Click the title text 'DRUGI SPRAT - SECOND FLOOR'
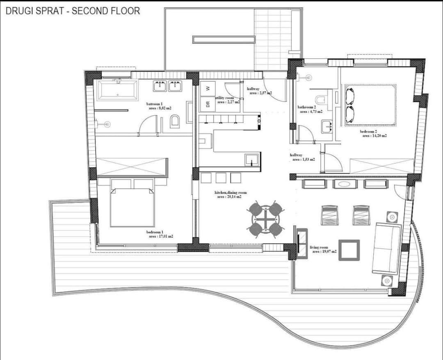coord(73,11)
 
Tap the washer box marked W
coord(208,88)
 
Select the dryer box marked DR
coord(208,104)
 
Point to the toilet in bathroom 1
coord(175,121)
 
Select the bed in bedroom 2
coord(370,104)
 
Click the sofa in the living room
coord(386,248)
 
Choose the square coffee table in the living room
coord(349,250)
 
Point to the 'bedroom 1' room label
coord(155,232)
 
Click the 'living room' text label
coord(319,247)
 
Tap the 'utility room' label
coord(225,98)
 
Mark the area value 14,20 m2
coord(374,136)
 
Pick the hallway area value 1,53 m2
coord(304,159)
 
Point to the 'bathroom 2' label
coord(306,107)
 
